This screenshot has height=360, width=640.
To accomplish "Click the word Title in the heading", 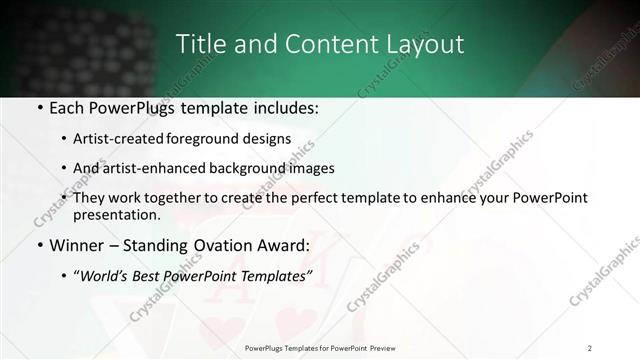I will point(198,45).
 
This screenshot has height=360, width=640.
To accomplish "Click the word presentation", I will point(115,214).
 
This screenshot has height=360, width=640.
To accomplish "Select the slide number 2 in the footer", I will point(590,348).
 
